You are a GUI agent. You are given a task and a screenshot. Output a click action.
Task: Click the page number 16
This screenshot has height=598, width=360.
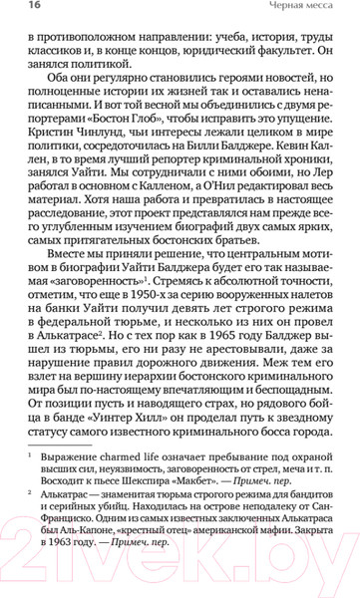21,11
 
